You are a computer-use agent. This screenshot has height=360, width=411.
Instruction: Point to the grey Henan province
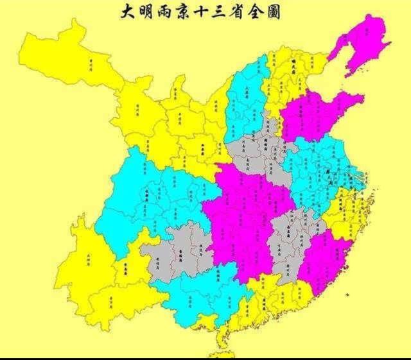click(257, 154)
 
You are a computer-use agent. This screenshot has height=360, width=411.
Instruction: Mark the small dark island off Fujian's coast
click(347, 295)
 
